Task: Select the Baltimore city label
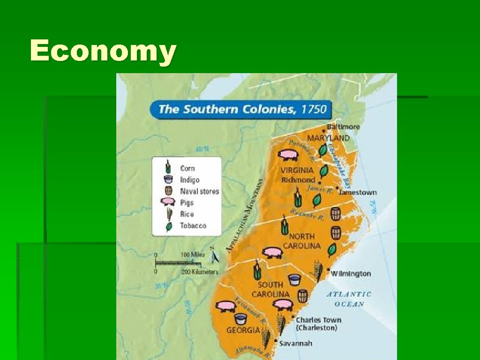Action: (x=344, y=127)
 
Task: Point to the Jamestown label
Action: (x=358, y=192)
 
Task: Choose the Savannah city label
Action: (x=295, y=343)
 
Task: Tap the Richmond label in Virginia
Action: (x=298, y=180)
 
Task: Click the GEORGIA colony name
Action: (x=243, y=330)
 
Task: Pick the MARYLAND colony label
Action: (x=328, y=138)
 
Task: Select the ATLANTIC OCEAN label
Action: (x=349, y=299)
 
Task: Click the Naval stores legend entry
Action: (x=199, y=191)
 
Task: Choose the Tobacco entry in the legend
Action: (x=193, y=225)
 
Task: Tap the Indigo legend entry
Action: (x=189, y=180)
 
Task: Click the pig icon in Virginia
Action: (x=287, y=154)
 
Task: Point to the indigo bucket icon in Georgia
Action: (x=240, y=319)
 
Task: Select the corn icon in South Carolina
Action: (x=257, y=270)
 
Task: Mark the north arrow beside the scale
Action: (x=215, y=256)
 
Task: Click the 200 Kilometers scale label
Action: (x=199, y=271)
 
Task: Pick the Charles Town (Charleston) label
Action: (x=318, y=324)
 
